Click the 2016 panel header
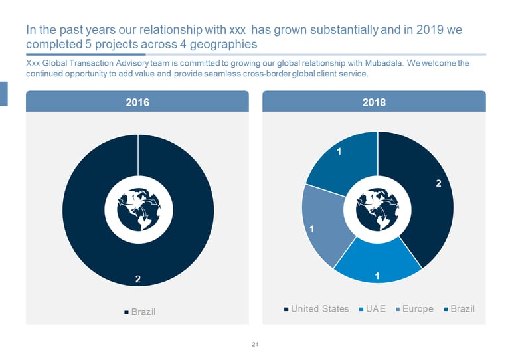(x=137, y=102)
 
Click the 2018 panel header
(x=374, y=102)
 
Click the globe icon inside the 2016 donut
(x=138, y=209)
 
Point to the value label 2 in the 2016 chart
(x=138, y=279)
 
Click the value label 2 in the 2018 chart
(x=438, y=183)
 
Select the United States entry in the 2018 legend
(x=316, y=309)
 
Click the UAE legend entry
(x=372, y=309)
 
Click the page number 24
(x=255, y=345)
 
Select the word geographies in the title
(x=224, y=45)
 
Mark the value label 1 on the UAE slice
(x=377, y=275)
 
